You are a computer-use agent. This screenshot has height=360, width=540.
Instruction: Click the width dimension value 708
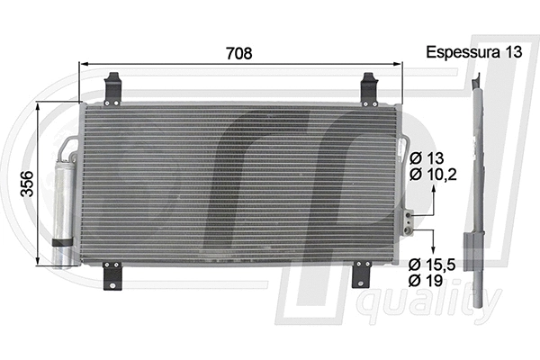click(x=239, y=52)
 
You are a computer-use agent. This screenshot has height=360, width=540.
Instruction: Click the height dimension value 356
click(x=27, y=184)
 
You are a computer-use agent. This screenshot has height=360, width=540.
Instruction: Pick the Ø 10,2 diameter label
click(x=433, y=175)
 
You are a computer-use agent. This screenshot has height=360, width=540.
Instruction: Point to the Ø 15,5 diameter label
click(x=433, y=265)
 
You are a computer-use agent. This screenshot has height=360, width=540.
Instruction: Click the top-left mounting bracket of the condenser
click(x=112, y=88)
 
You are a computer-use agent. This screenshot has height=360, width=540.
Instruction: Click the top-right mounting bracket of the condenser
click(x=370, y=88)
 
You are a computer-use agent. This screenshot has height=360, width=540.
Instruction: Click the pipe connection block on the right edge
click(x=408, y=221)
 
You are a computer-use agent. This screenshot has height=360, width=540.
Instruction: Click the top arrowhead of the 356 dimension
click(x=38, y=105)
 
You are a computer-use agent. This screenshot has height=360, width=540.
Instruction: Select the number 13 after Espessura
click(x=512, y=52)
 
